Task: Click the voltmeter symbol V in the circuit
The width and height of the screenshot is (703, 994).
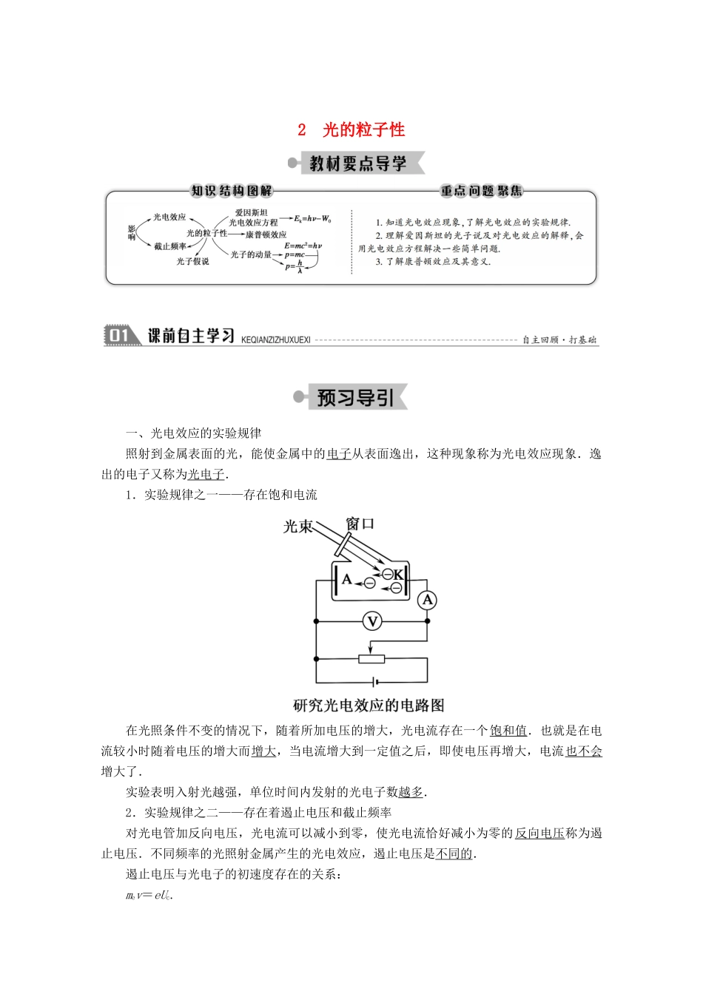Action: (x=372, y=621)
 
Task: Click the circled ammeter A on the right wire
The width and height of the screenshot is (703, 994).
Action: (x=427, y=601)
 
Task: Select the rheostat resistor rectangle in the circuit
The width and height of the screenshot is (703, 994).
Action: (x=371, y=658)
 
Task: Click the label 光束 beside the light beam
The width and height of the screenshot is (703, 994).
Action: (x=298, y=527)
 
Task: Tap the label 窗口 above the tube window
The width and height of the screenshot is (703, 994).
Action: (x=360, y=524)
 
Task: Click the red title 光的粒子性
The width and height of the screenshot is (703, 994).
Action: (x=363, y=130)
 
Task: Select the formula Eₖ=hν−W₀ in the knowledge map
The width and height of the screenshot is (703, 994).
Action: (x=312, y=219)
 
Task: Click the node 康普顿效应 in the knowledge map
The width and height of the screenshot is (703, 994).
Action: (x=266, y=234)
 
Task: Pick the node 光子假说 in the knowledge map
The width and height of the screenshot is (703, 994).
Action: (x=192, y=261)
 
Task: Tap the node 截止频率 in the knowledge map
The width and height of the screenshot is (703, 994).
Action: (x=170, y=246)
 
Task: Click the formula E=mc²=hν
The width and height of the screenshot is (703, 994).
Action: (x=303, y=245)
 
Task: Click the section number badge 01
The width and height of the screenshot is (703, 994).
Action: (x=119, y=336)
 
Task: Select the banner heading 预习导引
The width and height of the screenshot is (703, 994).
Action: (x=355, y=398)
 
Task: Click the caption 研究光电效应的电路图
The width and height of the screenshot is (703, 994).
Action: (x=369, y=706)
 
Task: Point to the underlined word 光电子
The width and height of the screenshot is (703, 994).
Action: (x=206, y=474)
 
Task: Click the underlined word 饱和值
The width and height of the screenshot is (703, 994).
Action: (x=508, y=731)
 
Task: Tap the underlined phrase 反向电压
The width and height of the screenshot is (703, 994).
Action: (x=539, y=833)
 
